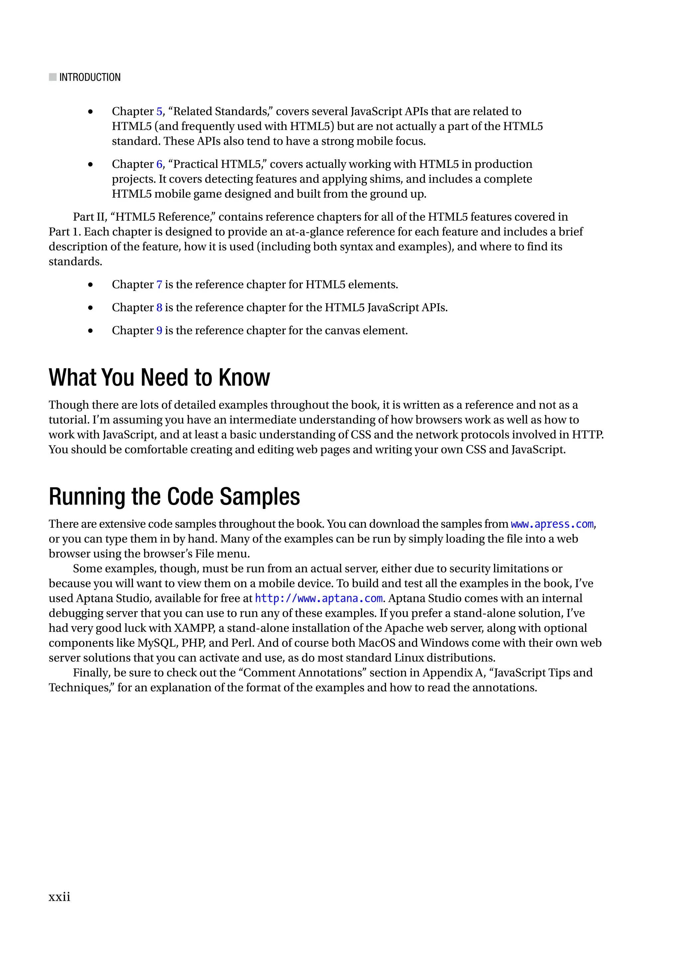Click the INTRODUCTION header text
coord(90,77)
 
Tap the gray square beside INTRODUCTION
coord(53,77)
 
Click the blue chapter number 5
coord(159,112)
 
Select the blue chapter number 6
coord(159,164)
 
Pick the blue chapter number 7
coord(159,285)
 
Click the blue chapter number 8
coord(159,308)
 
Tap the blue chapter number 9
coord(159,331)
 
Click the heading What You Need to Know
coord(159,377)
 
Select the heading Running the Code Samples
coord(174,497)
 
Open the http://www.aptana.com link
coord(319,599)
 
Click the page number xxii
coord(59,897)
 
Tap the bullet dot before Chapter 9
coord(90,331)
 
